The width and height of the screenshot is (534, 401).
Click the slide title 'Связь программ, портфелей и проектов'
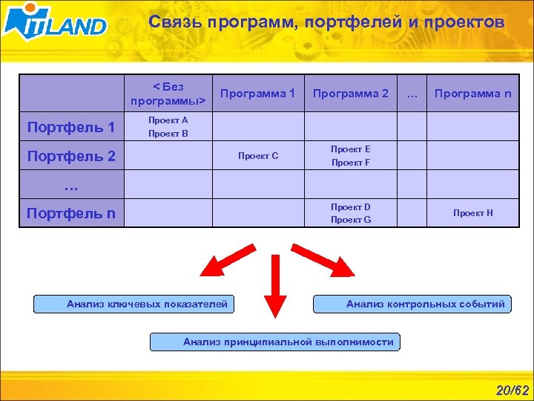click(x=326, y=23)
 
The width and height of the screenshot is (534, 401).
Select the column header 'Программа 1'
click(x=257, y=94)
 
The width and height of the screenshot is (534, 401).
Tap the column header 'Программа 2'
click(x=350, y=94)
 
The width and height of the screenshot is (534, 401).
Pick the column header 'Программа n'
click(x=472, y=94)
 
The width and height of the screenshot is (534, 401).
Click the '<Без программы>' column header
click(x=168, y=94)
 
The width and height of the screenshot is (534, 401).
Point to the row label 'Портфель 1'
click(x=71, y=127)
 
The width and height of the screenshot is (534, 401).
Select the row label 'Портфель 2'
click(x=71, y=156)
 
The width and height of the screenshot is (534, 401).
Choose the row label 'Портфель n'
click(x=71, y=213)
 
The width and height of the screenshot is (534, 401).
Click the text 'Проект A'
click(x=168, y=120)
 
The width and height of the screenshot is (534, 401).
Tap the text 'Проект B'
click(x=168, y=134)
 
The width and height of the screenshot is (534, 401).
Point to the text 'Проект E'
click(x=350, y=149)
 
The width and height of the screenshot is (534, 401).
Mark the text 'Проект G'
click(x=350, y=220)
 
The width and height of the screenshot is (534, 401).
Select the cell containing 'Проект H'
click(x=472, y=213)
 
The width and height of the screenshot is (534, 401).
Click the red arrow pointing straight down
click(x=275, y=290)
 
